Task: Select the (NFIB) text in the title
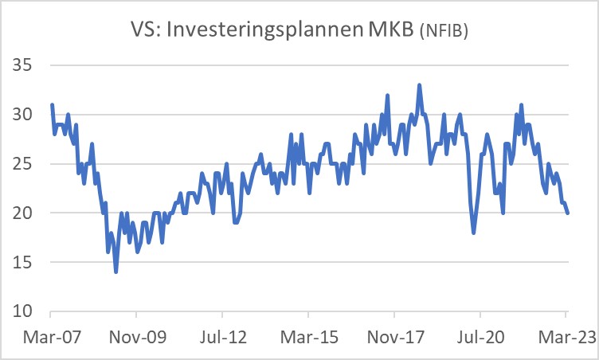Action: [x=443, y=33]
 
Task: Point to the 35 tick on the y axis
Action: [x=26, y=65]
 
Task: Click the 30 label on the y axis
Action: [x=26, y=115]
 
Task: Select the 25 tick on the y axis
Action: [x=26, y=164]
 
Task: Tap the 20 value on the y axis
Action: [x=26, y=213]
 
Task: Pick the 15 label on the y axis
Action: [x=26, y=262]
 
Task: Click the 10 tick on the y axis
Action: [x=26, y=311]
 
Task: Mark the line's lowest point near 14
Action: [x=115, y=272]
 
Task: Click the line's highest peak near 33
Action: [x=419, y=85]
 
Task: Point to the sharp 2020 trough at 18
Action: [x=474, y=233]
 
